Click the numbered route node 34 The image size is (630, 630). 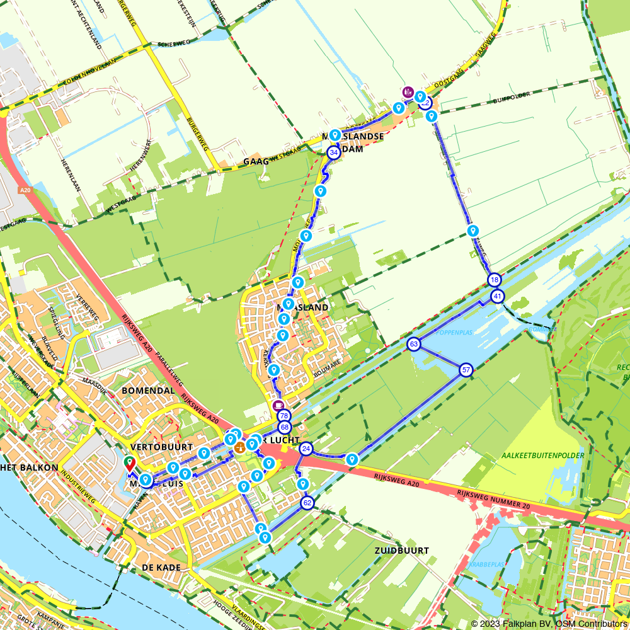pos(334,152)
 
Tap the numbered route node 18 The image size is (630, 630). pos(494,280)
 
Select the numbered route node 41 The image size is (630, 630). pos(498,296)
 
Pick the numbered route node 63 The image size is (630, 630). pos(414,345)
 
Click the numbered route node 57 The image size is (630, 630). pos(466,370)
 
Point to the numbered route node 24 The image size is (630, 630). pos(306,449)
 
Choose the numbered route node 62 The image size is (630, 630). pos(307,503)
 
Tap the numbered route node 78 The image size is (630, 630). pos(284,416)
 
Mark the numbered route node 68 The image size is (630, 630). pos(283,428)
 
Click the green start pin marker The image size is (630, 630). pos(130,463)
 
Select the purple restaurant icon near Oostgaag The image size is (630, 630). pos(408,92)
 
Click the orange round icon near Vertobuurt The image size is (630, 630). pos(240,448)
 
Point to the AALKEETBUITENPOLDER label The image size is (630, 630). pos(543,455)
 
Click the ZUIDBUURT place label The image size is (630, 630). pos(401,550)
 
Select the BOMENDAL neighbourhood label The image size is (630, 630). pos(149,391)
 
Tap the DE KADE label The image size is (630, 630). pos(161,568)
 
